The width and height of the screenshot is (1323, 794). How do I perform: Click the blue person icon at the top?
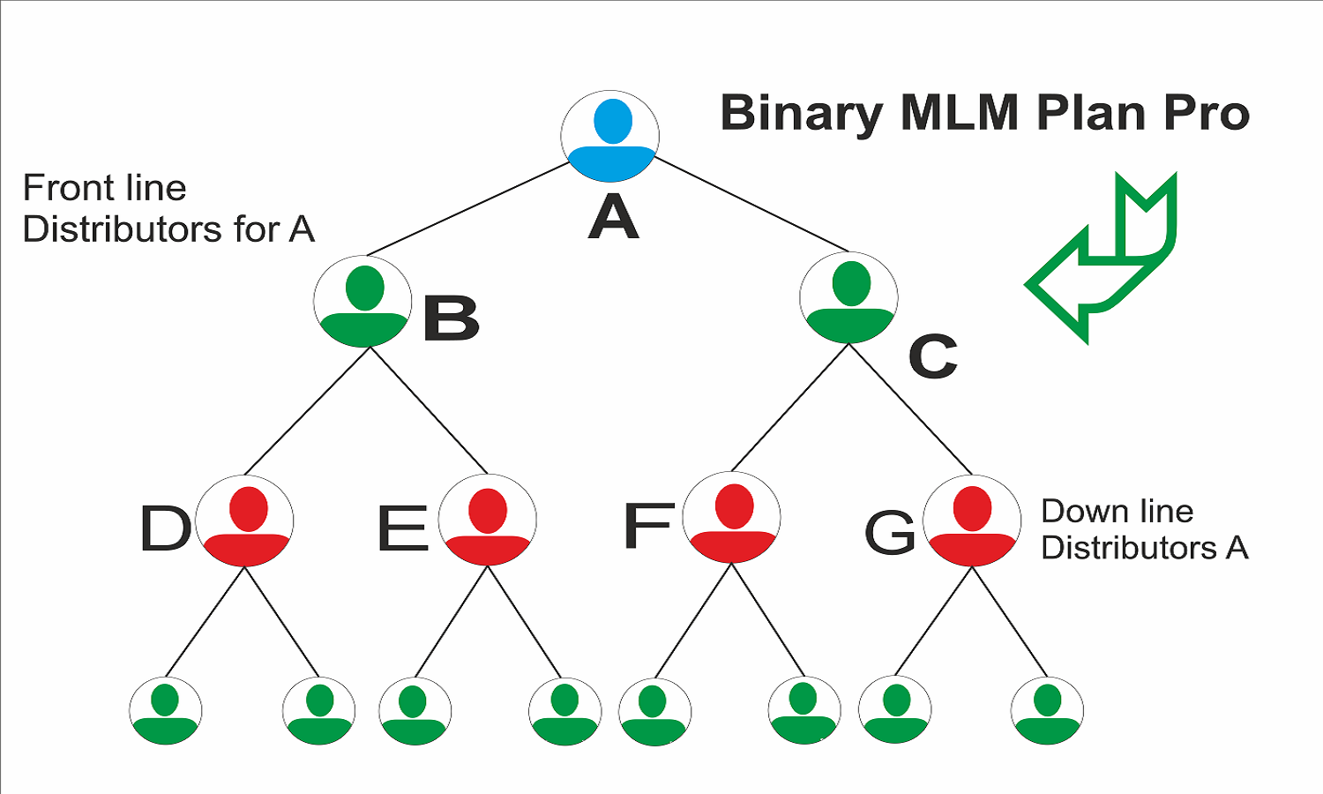tap(610, 136)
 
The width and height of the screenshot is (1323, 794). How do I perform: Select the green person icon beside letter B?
tap(363, 301)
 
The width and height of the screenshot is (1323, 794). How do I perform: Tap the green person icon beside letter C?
tap(848, 297)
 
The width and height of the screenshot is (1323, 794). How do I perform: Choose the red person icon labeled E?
tap(488, 521)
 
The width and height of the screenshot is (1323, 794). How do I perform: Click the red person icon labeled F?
tap(732, 518)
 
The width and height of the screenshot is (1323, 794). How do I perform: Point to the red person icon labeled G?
tap(972, 521)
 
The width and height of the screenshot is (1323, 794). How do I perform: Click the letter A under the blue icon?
tap(613, 217)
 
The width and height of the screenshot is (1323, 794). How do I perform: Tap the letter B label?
tap(451, 318)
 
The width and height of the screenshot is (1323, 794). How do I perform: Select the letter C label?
tap(933, 356)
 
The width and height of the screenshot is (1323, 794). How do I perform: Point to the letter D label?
tap(165, 528)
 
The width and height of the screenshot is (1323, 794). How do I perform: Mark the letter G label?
tap(889, 533)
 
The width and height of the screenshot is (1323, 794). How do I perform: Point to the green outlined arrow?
tap(1102, 260)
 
